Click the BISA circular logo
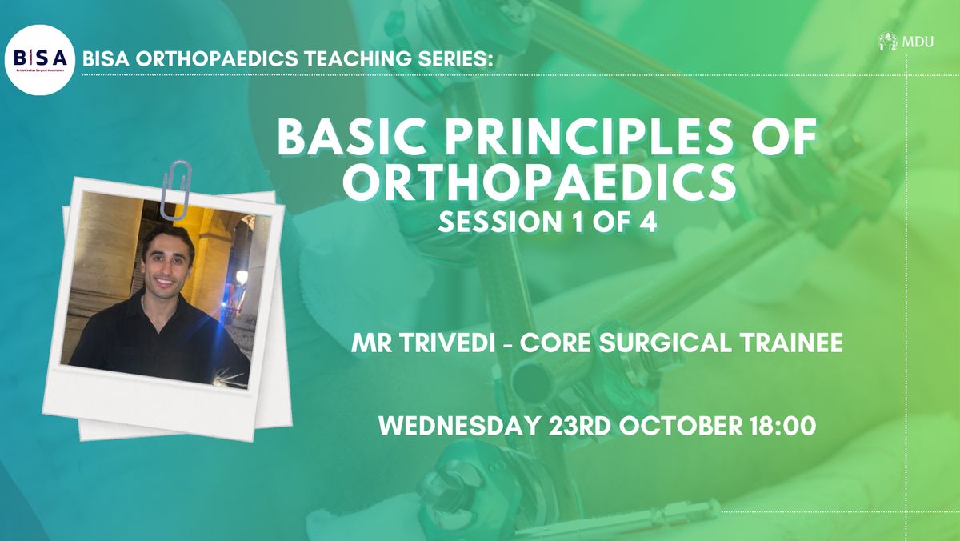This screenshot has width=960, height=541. click(x=40, y=60)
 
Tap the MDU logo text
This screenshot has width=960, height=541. click(x=918, y=42)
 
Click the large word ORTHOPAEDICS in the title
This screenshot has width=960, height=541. click(x=539, y=182)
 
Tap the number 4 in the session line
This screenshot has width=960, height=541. click(x=649, y=222)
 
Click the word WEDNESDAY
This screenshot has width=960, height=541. click(x=458, y=426)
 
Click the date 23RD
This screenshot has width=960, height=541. click(x=579, y=426)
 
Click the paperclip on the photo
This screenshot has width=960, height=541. click(x=175, y=190)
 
